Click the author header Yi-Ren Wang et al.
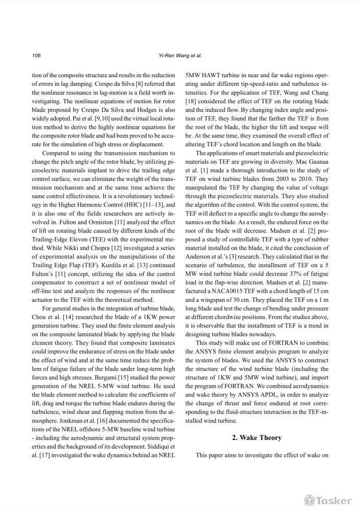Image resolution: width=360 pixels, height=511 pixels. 180,55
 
